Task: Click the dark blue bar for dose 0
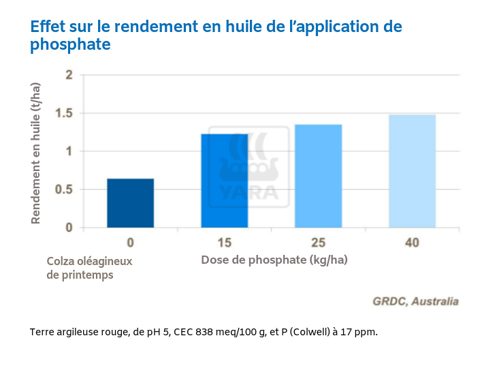[130, 203]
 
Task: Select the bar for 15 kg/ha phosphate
[224, 181]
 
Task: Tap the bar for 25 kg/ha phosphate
[318, 176]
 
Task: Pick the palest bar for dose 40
[412, 171]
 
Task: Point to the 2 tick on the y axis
[68, 74]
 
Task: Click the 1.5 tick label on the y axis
[65, 113]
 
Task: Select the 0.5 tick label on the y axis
[65, 189]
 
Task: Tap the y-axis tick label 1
[68, 151]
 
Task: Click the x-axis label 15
[224, 243]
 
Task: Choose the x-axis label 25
[318, 243]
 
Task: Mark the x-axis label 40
[412, 243]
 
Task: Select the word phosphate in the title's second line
[70, 46]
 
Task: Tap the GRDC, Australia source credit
[415, 301]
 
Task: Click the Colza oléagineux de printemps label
[89, 268]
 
